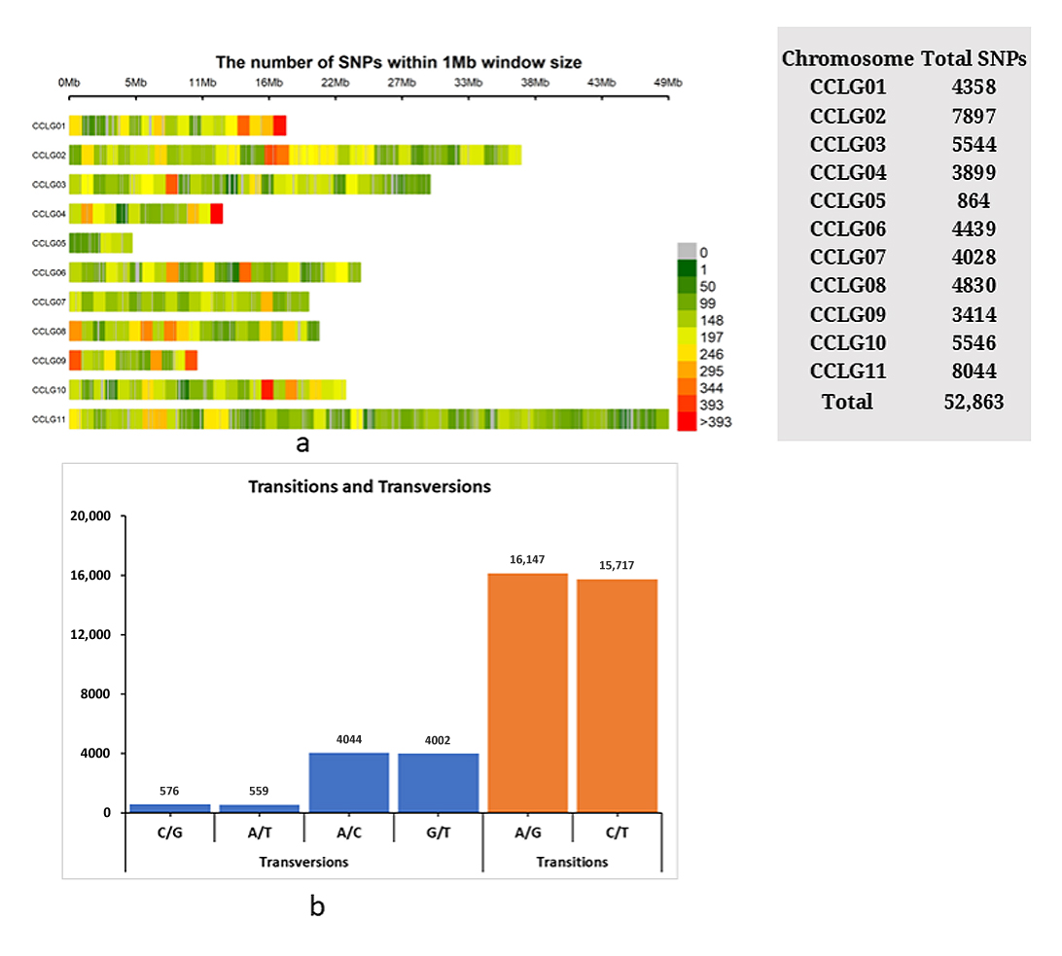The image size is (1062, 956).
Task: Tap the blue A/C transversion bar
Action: [x=349, y=781]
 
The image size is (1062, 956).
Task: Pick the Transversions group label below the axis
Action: [x=303, y=862]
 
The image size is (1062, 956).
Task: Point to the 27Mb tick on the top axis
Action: [x=402, y=82]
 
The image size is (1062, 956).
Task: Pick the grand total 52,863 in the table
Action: [x=973, y=401]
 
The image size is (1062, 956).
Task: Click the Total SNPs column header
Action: [x=973, y=58]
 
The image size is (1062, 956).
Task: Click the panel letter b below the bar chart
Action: [x=317, y=907]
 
